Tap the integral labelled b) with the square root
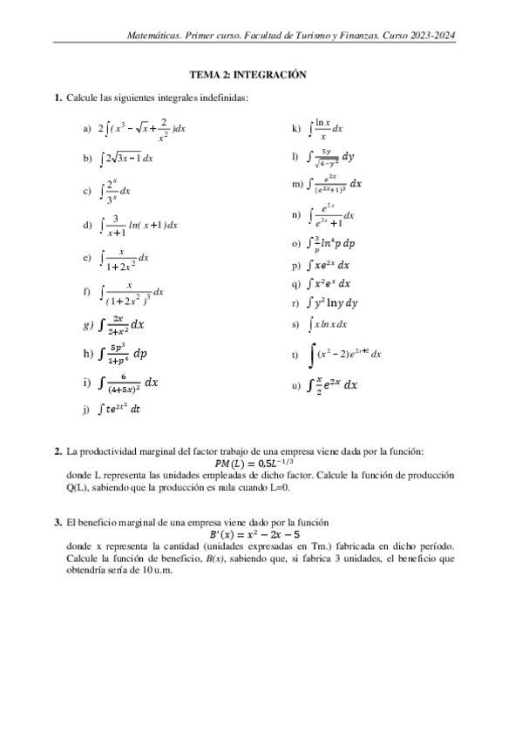tap(127, 158)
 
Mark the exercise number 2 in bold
tap(58, 451)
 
